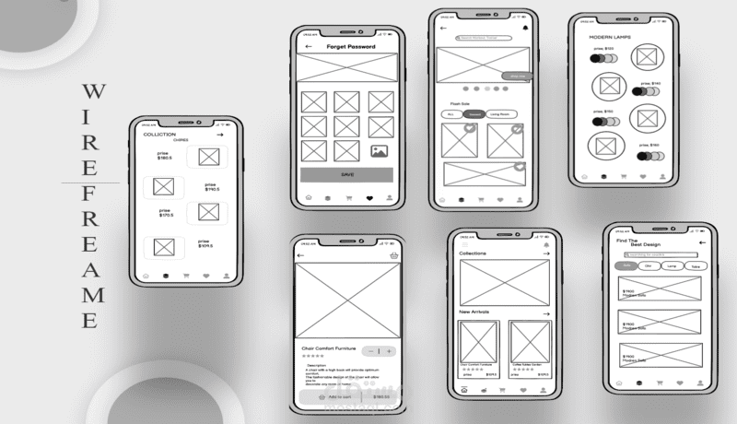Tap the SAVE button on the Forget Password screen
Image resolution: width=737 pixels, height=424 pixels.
pos(346,174)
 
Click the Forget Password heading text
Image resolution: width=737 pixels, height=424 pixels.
pos(350,46)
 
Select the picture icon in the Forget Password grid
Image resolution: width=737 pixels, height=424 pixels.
pos(380,151)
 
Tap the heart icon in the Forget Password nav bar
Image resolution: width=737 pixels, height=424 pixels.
pos(369,197)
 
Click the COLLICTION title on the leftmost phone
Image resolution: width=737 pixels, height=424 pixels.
pos(159,135)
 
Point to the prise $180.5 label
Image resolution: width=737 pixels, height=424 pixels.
pos(164,156)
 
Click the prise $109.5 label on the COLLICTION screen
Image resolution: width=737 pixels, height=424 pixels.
pos(205,245)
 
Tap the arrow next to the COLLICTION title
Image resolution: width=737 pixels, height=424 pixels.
pos(219,135)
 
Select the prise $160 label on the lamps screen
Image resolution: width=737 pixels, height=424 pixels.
pos(650,145)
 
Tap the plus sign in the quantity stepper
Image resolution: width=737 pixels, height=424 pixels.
pos(390,351)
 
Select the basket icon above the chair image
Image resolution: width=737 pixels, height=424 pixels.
pos(394,254)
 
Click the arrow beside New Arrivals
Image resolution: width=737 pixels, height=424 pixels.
pos(545,313)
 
